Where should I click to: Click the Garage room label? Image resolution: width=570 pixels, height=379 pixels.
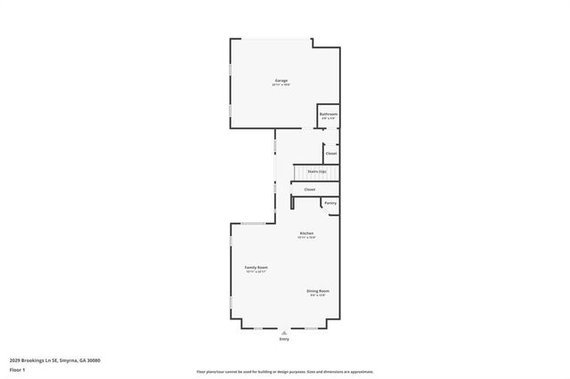click(281, 80)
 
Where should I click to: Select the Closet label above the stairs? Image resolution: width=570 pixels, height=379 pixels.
click(330, 153)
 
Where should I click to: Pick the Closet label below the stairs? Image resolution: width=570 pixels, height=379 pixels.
click(310, 189)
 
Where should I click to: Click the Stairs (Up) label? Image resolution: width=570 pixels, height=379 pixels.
click(317, 171)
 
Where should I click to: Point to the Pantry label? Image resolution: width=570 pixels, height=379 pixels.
click(330, 203)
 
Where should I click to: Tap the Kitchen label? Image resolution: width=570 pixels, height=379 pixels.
click(305, 233)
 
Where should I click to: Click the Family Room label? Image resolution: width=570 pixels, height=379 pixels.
click(256, 267)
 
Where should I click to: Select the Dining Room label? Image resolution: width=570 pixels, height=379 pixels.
click(318, 291)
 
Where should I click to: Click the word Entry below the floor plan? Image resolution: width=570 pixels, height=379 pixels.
click(284, 339)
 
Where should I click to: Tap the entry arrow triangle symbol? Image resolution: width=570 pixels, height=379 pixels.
click(284, 333)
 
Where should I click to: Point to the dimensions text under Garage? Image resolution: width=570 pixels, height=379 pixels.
click(281, 85)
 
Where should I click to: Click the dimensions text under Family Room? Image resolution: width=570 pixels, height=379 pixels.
click(256, 271)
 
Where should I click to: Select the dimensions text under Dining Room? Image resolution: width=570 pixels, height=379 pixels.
click(318, 295)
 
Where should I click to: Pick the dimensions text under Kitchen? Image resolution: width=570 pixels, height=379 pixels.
click(305, 238)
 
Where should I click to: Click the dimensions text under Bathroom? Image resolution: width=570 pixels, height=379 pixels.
click(328, 119)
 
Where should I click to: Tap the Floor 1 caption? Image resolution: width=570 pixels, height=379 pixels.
click(17, 369)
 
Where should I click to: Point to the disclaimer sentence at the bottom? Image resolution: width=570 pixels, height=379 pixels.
click(284, 372)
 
